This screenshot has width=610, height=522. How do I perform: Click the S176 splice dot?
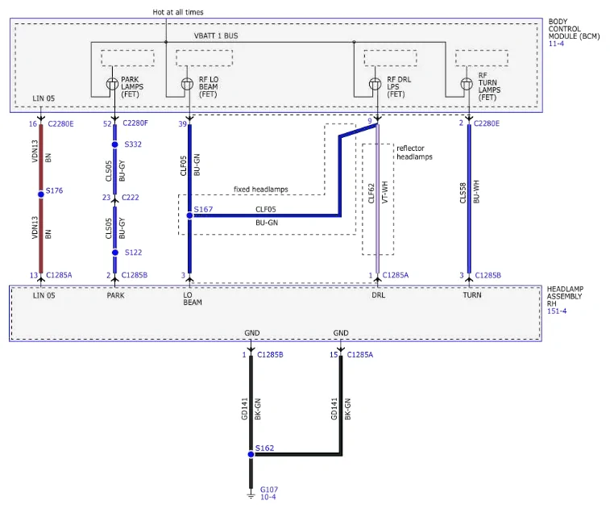tap(41, 194)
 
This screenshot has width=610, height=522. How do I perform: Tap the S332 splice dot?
tap(114, 144)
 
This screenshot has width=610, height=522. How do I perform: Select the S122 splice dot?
tap(115, 253)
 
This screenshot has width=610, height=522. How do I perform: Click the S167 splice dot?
tap(189, 215)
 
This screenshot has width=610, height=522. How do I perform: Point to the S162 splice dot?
tap(251, 454)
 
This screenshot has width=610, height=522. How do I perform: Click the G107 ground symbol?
tap(251, 495)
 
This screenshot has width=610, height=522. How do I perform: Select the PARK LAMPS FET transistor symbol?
tap(113, 84)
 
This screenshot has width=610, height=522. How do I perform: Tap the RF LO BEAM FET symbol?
tap(187, 84)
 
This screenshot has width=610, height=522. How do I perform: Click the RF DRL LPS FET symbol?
tap(375, 84)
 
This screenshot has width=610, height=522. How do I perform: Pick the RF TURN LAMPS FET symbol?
tap(467, 84)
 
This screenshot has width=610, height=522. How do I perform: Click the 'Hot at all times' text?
tap(178, 12)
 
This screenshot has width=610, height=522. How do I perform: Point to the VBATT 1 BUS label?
tap(216, 35)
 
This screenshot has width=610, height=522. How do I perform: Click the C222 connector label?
tap(131, 198)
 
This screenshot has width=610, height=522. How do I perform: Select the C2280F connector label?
tap(135, 123)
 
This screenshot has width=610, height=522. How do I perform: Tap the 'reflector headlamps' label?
tap(414, 152)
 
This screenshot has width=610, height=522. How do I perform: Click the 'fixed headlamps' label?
tap(260, 190)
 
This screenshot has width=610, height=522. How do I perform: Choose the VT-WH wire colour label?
tap(385, 192)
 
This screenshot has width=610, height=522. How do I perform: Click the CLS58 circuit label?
tap(463, 193)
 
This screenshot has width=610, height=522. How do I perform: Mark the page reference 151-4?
tap(557, 311)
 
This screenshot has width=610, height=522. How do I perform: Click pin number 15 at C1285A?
tap(334, 354)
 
